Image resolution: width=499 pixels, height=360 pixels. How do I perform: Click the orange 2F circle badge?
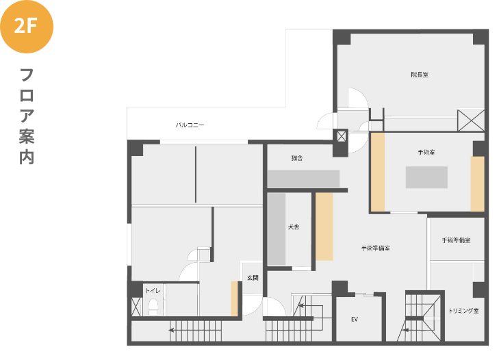pyautogui.click(x=27, y=27)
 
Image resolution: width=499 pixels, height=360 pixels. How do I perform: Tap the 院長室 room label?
pyautogui.click(x=420, y=75)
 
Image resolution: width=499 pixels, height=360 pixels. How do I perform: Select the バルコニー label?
pyautogui.click(x=190, y=125)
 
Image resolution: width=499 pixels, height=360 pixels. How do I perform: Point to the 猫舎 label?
pyautogui.click(x=297, y=158)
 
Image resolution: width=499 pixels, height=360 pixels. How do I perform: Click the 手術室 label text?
pyautogui.click(x=426, y=153)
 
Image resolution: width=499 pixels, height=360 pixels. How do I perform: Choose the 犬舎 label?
pyautogui.click(x=294, y=227)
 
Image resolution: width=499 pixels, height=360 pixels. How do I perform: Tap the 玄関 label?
pyautogui.click(x=253, y=278)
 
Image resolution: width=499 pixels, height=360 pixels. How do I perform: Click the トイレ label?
pyautogui.click(x=153, y=291)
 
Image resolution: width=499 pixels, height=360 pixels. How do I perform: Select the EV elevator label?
pyautogui.click(x=355, y=319)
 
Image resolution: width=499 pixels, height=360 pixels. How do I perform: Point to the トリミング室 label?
pyautogui.click(x=463, y=311)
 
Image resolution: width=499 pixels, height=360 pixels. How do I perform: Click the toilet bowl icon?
pyautogui.click(x=153, y=307)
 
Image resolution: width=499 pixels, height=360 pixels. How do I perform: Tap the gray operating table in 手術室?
pyautogui.click(x=426, y=177)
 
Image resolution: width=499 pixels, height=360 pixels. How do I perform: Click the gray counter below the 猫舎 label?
pyautogui.click(x=303, y=179)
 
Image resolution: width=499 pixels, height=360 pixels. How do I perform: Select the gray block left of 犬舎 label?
pyautogui.click(x=277, y=229)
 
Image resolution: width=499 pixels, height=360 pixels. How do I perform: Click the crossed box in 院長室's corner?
pyautogui.click(x=471, y=120)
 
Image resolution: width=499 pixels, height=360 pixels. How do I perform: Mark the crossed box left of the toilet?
pyautogui.click(x=136, y=307)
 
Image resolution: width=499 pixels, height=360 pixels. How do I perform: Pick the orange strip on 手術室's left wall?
pyautogui.click(x=378, y=172)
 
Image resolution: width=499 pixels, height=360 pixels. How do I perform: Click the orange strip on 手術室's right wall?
pyautogui.click(x=477, y=184)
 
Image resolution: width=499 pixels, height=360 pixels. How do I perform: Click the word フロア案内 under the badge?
pyautogui.click(x=27, y=116)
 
